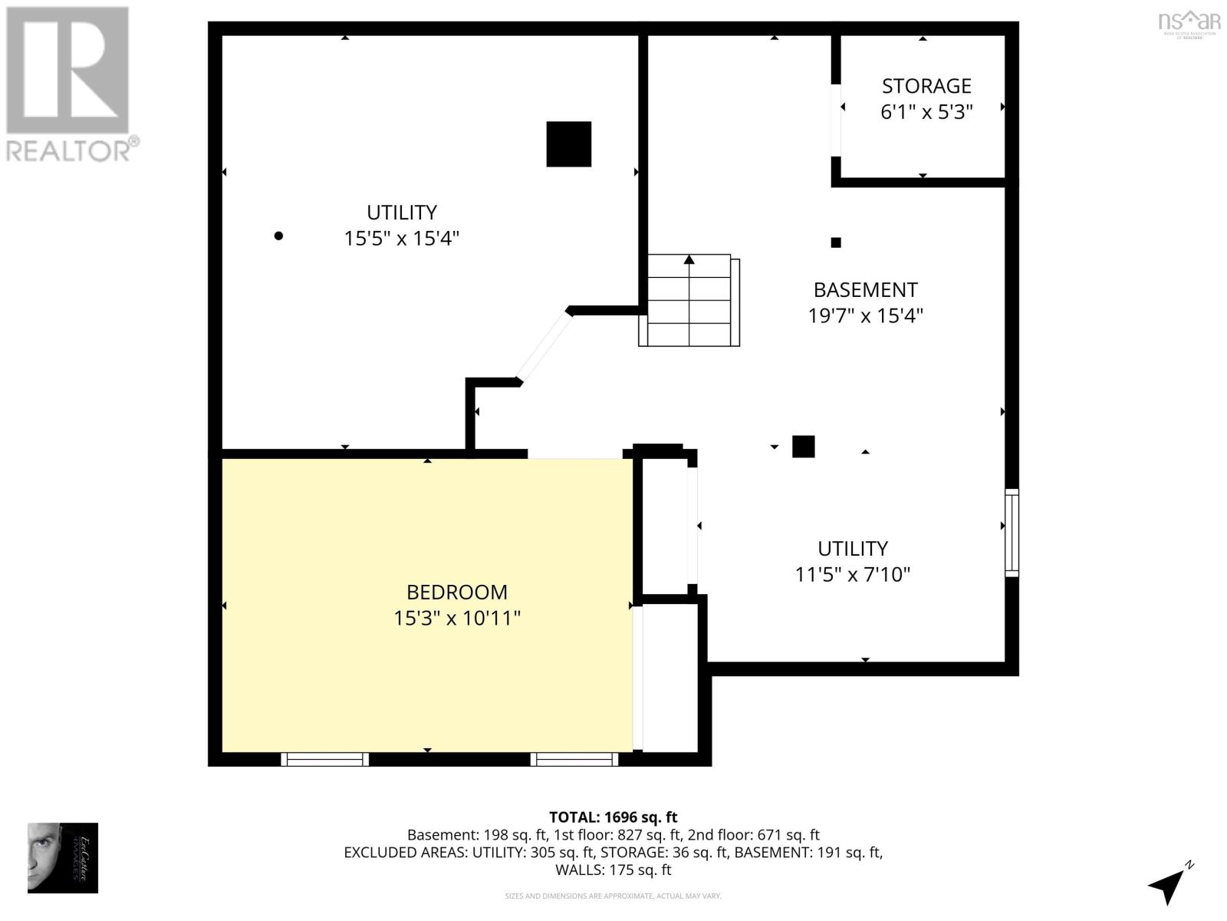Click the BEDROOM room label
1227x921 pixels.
[456, 592]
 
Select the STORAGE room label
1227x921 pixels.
[926, 86]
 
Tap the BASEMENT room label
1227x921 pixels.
[865, 290]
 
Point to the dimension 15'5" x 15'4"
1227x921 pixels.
[401, 239]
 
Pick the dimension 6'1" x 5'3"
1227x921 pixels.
[926, 112]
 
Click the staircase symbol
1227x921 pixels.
[689, 300]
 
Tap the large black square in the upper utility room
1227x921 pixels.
[568, 144]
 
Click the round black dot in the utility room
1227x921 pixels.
[278, 236]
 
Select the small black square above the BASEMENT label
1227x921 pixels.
[836, 243]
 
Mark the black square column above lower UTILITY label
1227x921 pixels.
[803, 447]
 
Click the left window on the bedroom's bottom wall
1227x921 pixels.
[324, 759]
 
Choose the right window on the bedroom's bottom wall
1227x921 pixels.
[574, 759]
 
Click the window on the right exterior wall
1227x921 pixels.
[1012, 533]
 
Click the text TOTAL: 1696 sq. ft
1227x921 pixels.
[613, 817]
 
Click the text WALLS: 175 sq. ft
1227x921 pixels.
[613, 870]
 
